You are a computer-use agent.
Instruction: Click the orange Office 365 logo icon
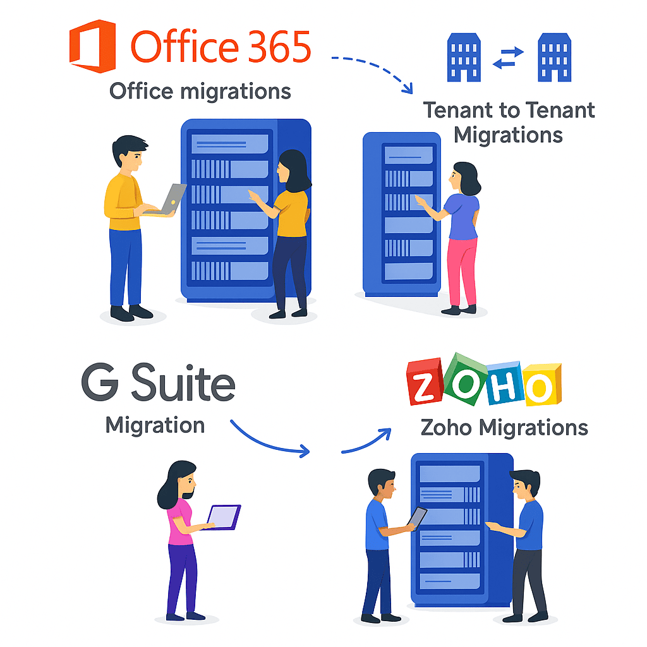92,47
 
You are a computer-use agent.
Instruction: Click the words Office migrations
200,91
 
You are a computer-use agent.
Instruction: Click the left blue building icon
464,57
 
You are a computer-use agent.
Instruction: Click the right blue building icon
554,57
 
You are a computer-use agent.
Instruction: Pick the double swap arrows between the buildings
509,57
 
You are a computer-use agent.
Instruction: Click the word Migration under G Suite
155,425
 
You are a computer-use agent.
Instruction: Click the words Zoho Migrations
504,428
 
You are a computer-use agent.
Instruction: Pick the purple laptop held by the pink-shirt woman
224,517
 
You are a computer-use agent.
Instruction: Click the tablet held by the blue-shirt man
418,517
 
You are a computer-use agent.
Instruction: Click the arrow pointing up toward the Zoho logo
366,440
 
